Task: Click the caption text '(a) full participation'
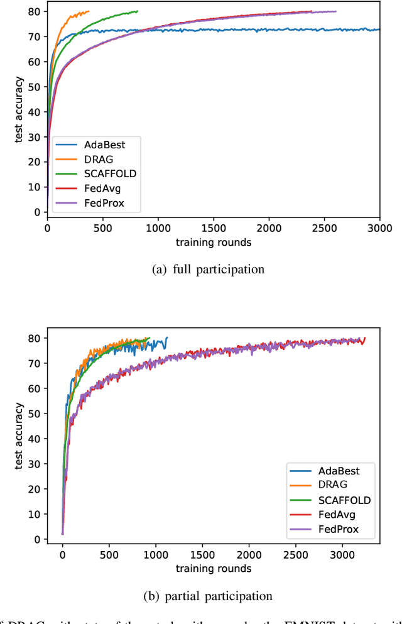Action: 209,270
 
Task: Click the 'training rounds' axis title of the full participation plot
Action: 213,242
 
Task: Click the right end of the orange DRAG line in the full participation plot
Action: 89,11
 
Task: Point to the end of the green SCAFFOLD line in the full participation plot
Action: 138,11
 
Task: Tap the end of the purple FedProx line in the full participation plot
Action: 335,11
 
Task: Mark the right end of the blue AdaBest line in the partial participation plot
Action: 167,338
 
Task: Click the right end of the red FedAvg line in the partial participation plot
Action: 364,338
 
